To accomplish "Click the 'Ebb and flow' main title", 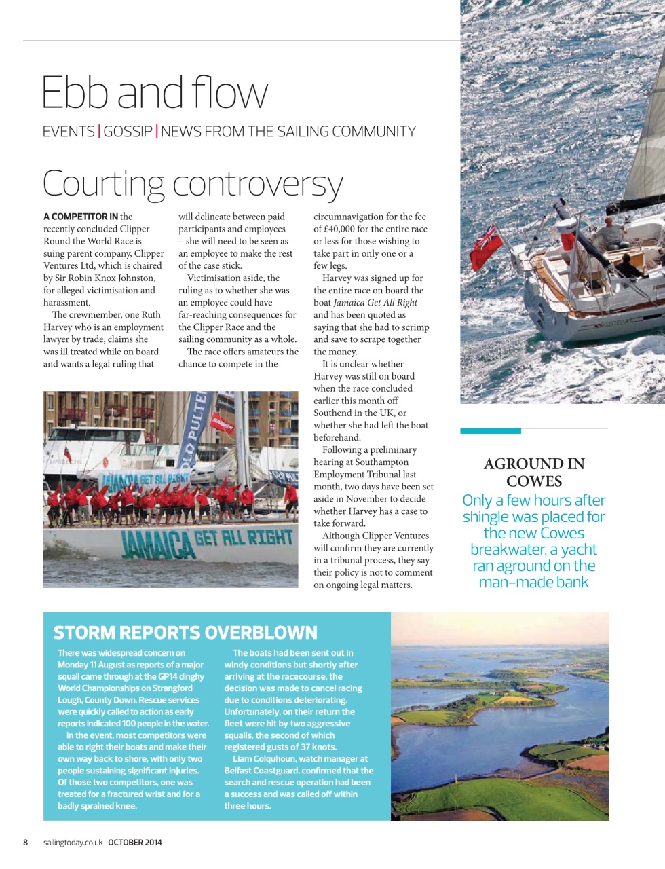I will (155, 93).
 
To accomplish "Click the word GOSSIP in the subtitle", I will (128, 132).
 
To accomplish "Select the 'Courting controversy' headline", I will (193, 183).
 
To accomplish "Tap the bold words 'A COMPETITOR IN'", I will (81, 217).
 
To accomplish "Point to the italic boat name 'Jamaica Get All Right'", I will (375, 303).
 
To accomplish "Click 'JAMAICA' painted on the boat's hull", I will (158, 545).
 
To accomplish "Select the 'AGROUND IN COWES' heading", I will (534, 473).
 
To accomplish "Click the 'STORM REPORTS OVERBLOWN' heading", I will (185, 633).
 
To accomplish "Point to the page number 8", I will (26, 843).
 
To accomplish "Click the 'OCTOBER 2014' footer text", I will (135, 843).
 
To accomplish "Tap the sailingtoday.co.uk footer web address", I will (73, 843).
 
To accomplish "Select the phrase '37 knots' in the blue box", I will (318, 747).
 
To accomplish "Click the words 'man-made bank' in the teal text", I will (534, 583).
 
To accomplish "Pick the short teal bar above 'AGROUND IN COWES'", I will (491, 431).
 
